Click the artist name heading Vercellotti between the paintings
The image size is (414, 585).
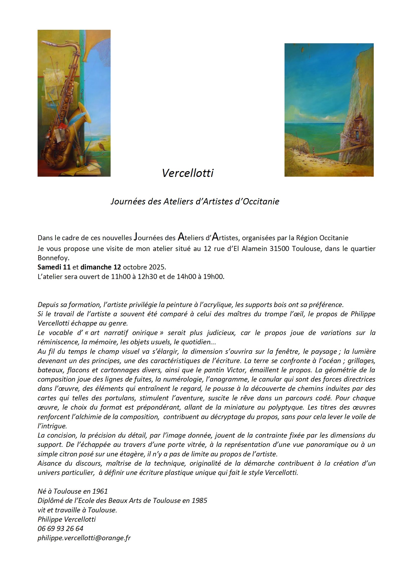(188, 173)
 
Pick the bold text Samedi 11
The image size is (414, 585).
(54, 267)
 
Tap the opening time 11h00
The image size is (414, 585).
(121, 277)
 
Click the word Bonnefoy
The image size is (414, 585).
(53, 258)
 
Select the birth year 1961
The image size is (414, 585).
(100, 491)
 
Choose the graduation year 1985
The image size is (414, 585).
(199, 501)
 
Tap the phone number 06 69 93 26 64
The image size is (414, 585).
(60, 529)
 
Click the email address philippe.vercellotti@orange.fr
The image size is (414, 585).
(84, 538)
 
